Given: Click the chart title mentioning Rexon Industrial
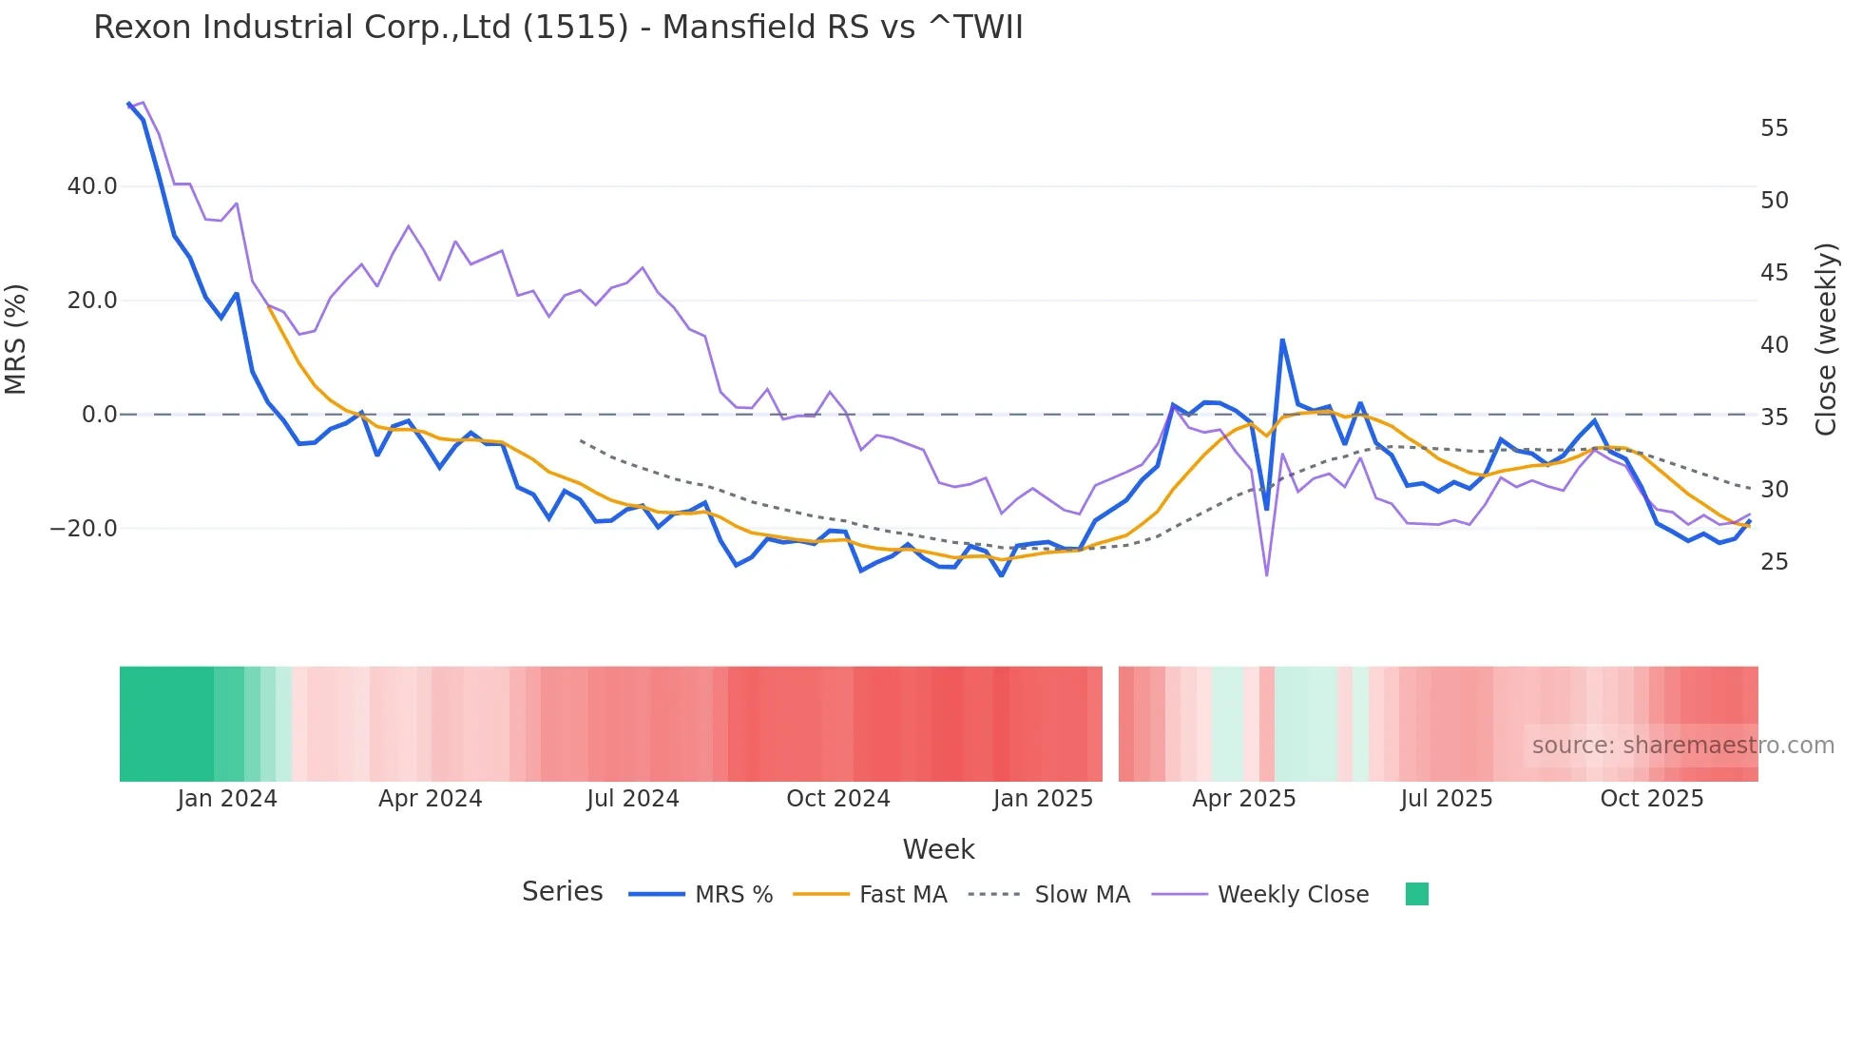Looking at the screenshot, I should (558, 28).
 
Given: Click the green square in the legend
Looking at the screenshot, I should (1416, 894).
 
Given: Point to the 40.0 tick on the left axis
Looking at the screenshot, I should (92, 186).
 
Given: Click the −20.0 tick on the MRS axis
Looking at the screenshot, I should (85, 529).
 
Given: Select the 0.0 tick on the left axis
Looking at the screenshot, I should (99, 415).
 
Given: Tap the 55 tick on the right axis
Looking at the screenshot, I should (1774, 128).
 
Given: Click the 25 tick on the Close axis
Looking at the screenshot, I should (1774, 562).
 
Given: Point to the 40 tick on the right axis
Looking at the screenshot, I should (1774, 345).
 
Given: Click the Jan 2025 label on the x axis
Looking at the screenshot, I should (1043, 799).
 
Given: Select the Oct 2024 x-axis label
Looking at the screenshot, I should (837, 799).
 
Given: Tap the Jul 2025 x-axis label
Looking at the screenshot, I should (1446, 799).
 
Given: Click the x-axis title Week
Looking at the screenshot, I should (938, 849).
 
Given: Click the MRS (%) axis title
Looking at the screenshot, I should (16, 339).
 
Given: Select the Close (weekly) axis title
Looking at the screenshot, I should (1826, 340).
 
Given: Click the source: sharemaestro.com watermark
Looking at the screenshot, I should (1682, 746).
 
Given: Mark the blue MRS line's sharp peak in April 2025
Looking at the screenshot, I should (1282, 340).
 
